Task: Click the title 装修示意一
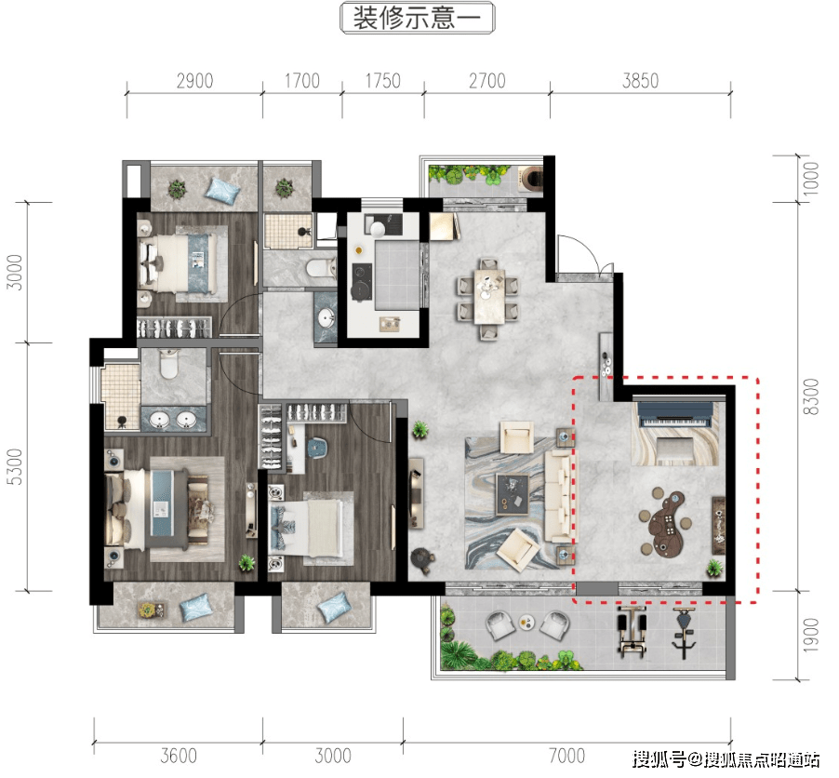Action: click(417, 18)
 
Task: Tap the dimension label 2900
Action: click(194, 81)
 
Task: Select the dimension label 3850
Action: click(640, 81)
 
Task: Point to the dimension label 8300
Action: click(811, 396)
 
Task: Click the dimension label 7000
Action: click(566, 756)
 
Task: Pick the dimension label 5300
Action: click(17, 466)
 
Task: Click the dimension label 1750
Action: click(382, 81)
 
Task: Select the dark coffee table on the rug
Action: click(513, 494)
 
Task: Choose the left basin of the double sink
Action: click(159, 420)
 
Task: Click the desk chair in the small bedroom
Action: click(316, 447)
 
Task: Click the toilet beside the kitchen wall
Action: click(321, 266)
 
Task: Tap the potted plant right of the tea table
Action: click(713, 567)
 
